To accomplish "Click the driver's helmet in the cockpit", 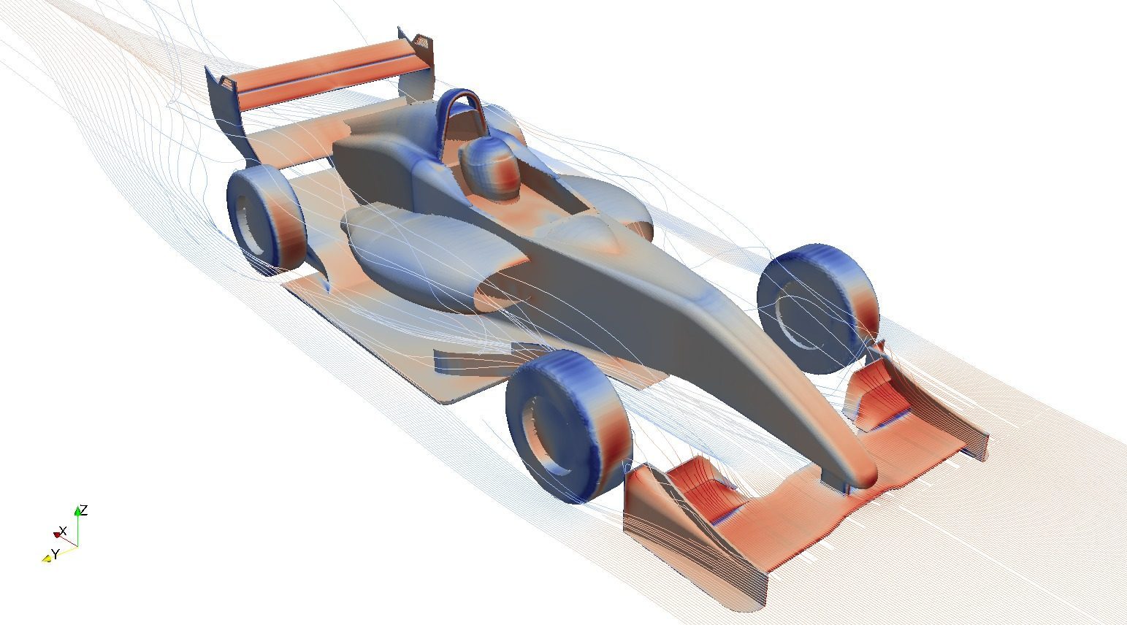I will (x=491, y=168).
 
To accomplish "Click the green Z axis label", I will (x=84, y=510).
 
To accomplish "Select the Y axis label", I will (x=56, y=554).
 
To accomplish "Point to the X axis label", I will (x=63, y=531).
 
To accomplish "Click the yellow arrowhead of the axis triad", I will (x=46, y=558).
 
